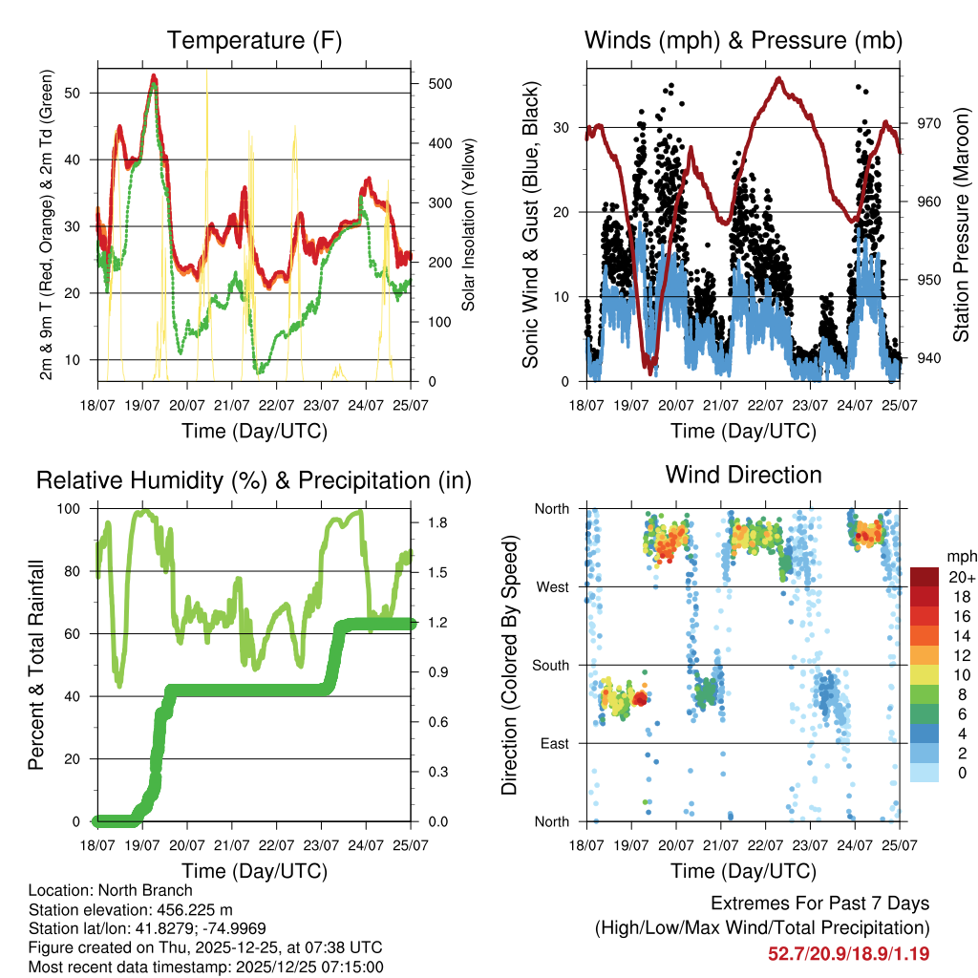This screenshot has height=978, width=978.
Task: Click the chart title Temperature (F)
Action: click(254, 41)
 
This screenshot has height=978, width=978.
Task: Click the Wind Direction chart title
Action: click(743, 475)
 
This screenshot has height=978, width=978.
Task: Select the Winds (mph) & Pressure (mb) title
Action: click(743, 41)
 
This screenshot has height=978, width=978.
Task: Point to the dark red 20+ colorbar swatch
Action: click(925, 577)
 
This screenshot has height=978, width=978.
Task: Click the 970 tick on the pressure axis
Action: click(928, 123)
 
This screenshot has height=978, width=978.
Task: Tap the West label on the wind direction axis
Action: click(552, 587)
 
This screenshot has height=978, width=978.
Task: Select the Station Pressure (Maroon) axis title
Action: click(961, 225)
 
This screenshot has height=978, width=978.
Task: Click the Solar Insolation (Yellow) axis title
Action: click(469, 225)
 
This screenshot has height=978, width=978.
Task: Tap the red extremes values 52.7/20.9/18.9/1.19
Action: click(849, 953)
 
